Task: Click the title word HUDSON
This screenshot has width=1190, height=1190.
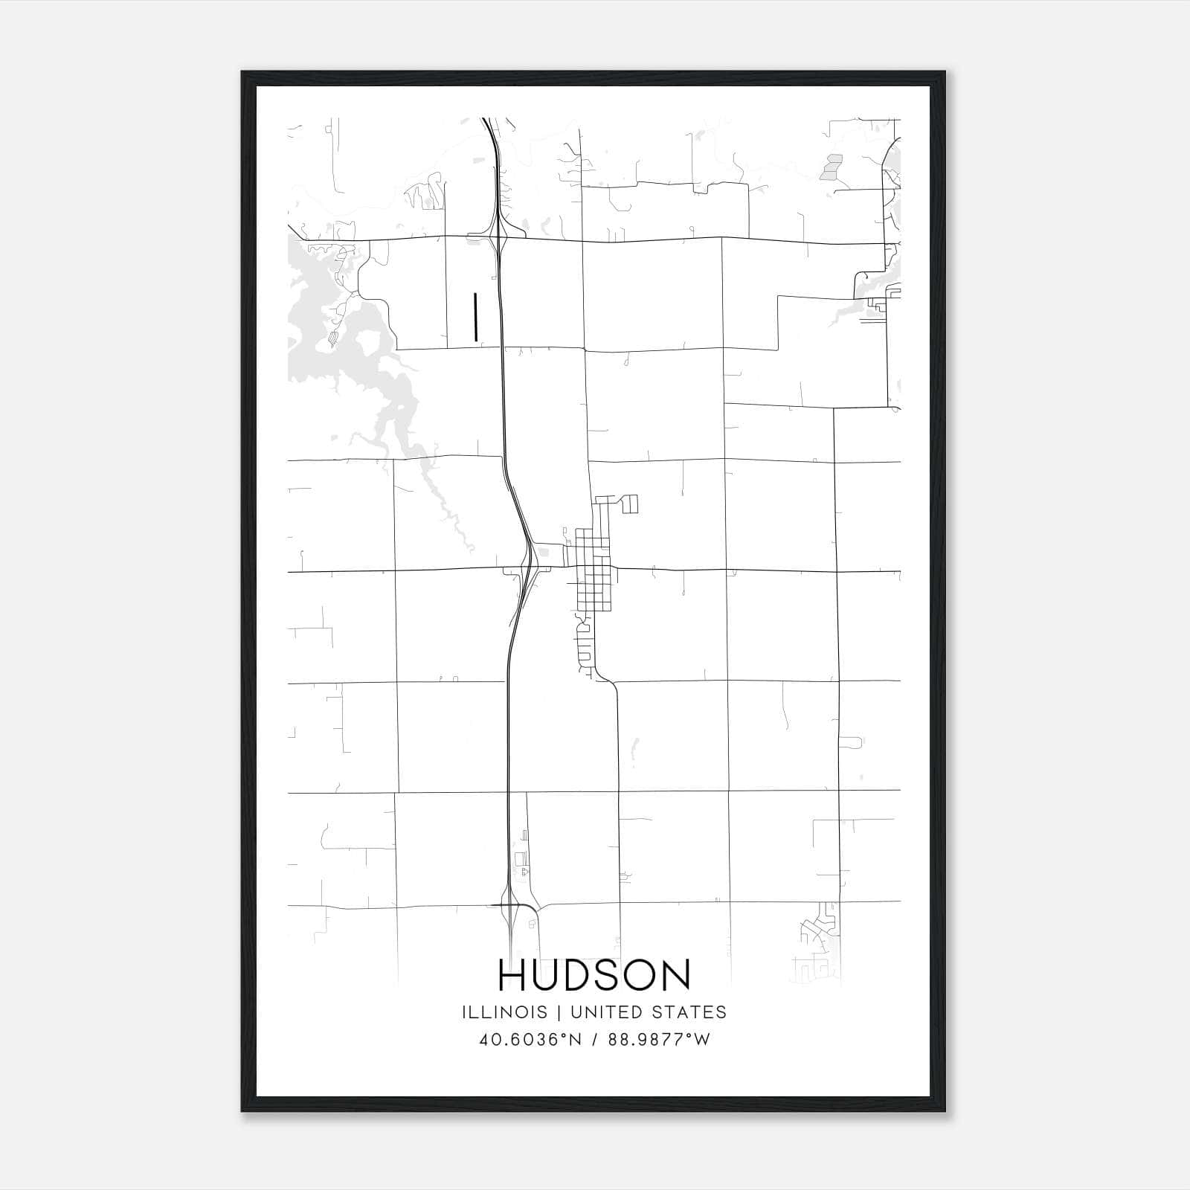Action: [594, 975]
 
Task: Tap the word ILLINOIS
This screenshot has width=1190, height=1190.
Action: [504, 1012]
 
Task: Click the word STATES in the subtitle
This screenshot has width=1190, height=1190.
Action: [689, 1012]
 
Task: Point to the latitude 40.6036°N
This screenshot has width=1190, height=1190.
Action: [530, 1040]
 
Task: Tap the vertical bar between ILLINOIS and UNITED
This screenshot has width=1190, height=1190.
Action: [559, 1012]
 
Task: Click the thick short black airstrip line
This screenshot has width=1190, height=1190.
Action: [475, 316]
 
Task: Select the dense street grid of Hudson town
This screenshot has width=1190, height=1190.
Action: [593, 569]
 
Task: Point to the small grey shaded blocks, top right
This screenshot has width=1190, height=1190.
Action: [831, 168]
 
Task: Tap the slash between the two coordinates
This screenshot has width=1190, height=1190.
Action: [595, 1040]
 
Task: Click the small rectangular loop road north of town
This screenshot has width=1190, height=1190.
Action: [629, 504]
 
